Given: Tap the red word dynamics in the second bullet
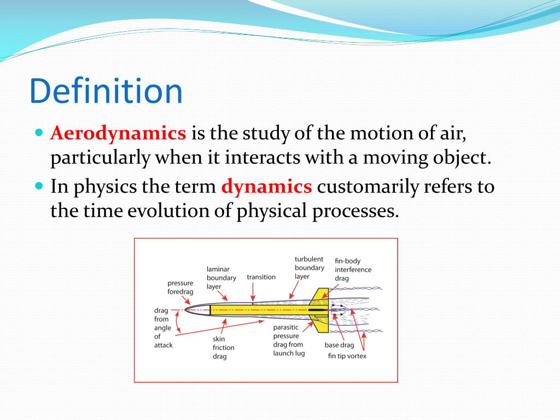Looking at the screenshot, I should tap(266, 186).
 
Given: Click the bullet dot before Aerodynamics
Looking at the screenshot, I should tap(39, 133).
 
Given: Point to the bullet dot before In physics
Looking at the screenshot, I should tap(39, 186).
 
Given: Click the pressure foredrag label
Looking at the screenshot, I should tap(180, 287).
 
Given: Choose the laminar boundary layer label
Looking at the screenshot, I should tap(221, 277).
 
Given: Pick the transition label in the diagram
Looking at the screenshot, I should tap(261, 277).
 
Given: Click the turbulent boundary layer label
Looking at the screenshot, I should tap(310, 267).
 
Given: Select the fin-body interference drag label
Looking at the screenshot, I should tap(353, 270).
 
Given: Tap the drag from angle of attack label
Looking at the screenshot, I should tap(163, 328).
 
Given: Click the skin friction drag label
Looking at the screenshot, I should tap(223, 348).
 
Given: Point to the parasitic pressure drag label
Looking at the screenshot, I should tap(288, 340).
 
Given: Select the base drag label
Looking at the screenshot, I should tap(339, 345).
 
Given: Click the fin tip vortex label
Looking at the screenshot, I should tap(347, 356).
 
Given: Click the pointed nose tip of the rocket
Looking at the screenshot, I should tap(185, 310).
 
